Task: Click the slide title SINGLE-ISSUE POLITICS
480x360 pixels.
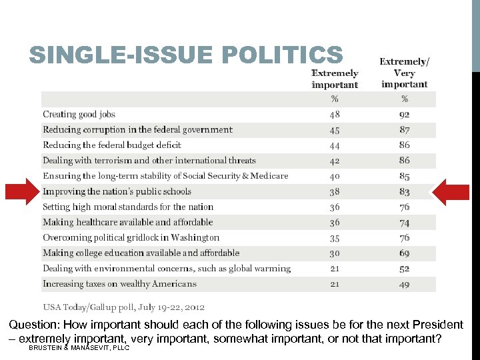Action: point(186,55)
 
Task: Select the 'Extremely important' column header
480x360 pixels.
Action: point(335,79)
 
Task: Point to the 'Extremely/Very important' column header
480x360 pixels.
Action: point(405,73)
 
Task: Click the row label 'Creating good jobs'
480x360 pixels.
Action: point(79,114)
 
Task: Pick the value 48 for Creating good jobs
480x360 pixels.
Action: point(335,114)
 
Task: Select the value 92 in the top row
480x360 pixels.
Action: point(405,114)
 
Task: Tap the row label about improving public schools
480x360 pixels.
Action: point(117,191)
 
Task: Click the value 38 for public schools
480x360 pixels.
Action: point(335,191)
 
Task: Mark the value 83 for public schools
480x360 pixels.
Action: point(405,191)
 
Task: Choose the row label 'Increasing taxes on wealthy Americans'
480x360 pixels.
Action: point(120,284)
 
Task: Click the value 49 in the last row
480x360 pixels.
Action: point(405,284)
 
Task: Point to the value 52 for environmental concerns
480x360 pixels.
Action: point(405,269)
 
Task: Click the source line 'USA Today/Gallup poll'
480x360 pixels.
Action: point(124,307)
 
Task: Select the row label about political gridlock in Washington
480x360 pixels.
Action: point(131,237)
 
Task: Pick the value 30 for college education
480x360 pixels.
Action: point(335,253)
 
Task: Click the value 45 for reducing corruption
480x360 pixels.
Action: point(335,129)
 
